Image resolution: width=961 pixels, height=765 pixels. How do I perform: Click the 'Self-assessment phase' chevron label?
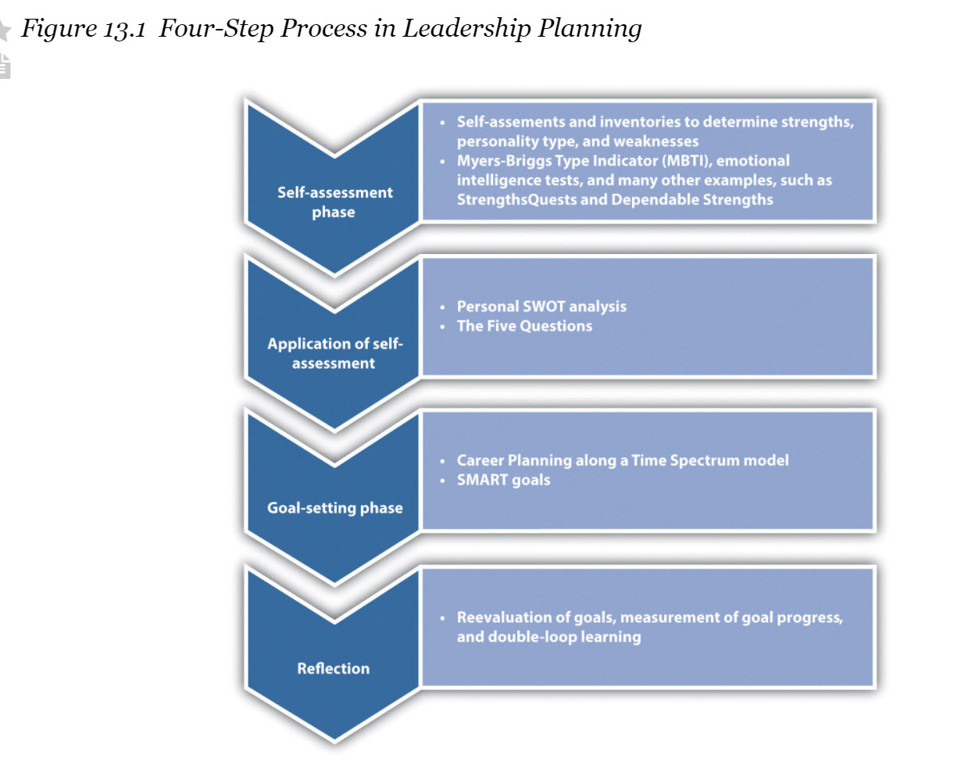(334, 202)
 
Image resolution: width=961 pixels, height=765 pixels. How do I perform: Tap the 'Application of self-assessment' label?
(334, 353)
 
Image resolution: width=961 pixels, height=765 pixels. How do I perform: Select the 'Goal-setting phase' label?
(334, 508)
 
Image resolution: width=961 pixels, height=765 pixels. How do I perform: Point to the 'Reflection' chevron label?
(334, 668)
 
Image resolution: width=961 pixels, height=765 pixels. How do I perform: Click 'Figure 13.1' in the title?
(81, 29)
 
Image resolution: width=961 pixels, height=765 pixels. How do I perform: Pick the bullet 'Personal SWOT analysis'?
(541, 306)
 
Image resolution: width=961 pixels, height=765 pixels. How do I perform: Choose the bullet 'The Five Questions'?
(524, 326)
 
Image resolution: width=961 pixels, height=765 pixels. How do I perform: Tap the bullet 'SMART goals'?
(503, 480)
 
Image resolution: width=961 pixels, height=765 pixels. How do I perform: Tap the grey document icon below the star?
(5, 66)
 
